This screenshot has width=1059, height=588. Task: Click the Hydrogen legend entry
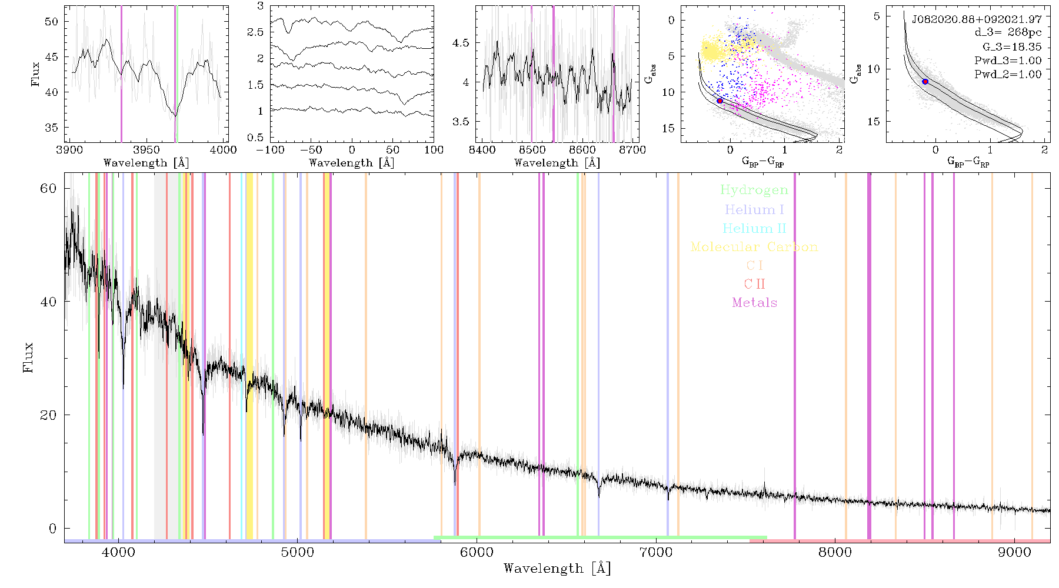coord(754,190)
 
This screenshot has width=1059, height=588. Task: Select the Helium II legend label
coord(754,228)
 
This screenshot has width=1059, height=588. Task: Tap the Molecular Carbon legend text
coord(754,247)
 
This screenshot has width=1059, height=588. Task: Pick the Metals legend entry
coord(754,303)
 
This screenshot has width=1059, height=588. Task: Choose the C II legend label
coord(754,284)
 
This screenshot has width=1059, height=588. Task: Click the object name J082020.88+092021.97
coord(977,19)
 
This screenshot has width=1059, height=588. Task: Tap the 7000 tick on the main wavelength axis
coord(656,553)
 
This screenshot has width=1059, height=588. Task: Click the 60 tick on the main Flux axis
coord(48,188)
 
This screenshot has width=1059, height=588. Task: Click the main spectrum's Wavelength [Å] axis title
coord(557,569)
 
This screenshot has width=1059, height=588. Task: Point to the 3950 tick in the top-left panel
coord(146,150)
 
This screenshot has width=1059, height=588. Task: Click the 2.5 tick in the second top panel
coord(256,32)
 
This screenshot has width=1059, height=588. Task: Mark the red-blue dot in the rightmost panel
coord(925,82)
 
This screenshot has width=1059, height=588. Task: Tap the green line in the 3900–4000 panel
coord(176,73)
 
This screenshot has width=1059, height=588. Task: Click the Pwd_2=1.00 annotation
coord(1008,75)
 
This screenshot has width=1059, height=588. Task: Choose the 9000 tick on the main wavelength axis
coord(1014,553)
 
